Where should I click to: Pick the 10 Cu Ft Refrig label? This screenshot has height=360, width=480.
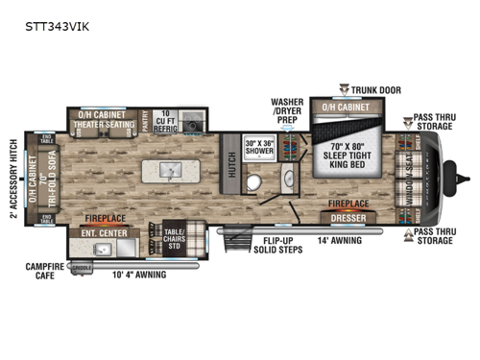click(168, 120)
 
